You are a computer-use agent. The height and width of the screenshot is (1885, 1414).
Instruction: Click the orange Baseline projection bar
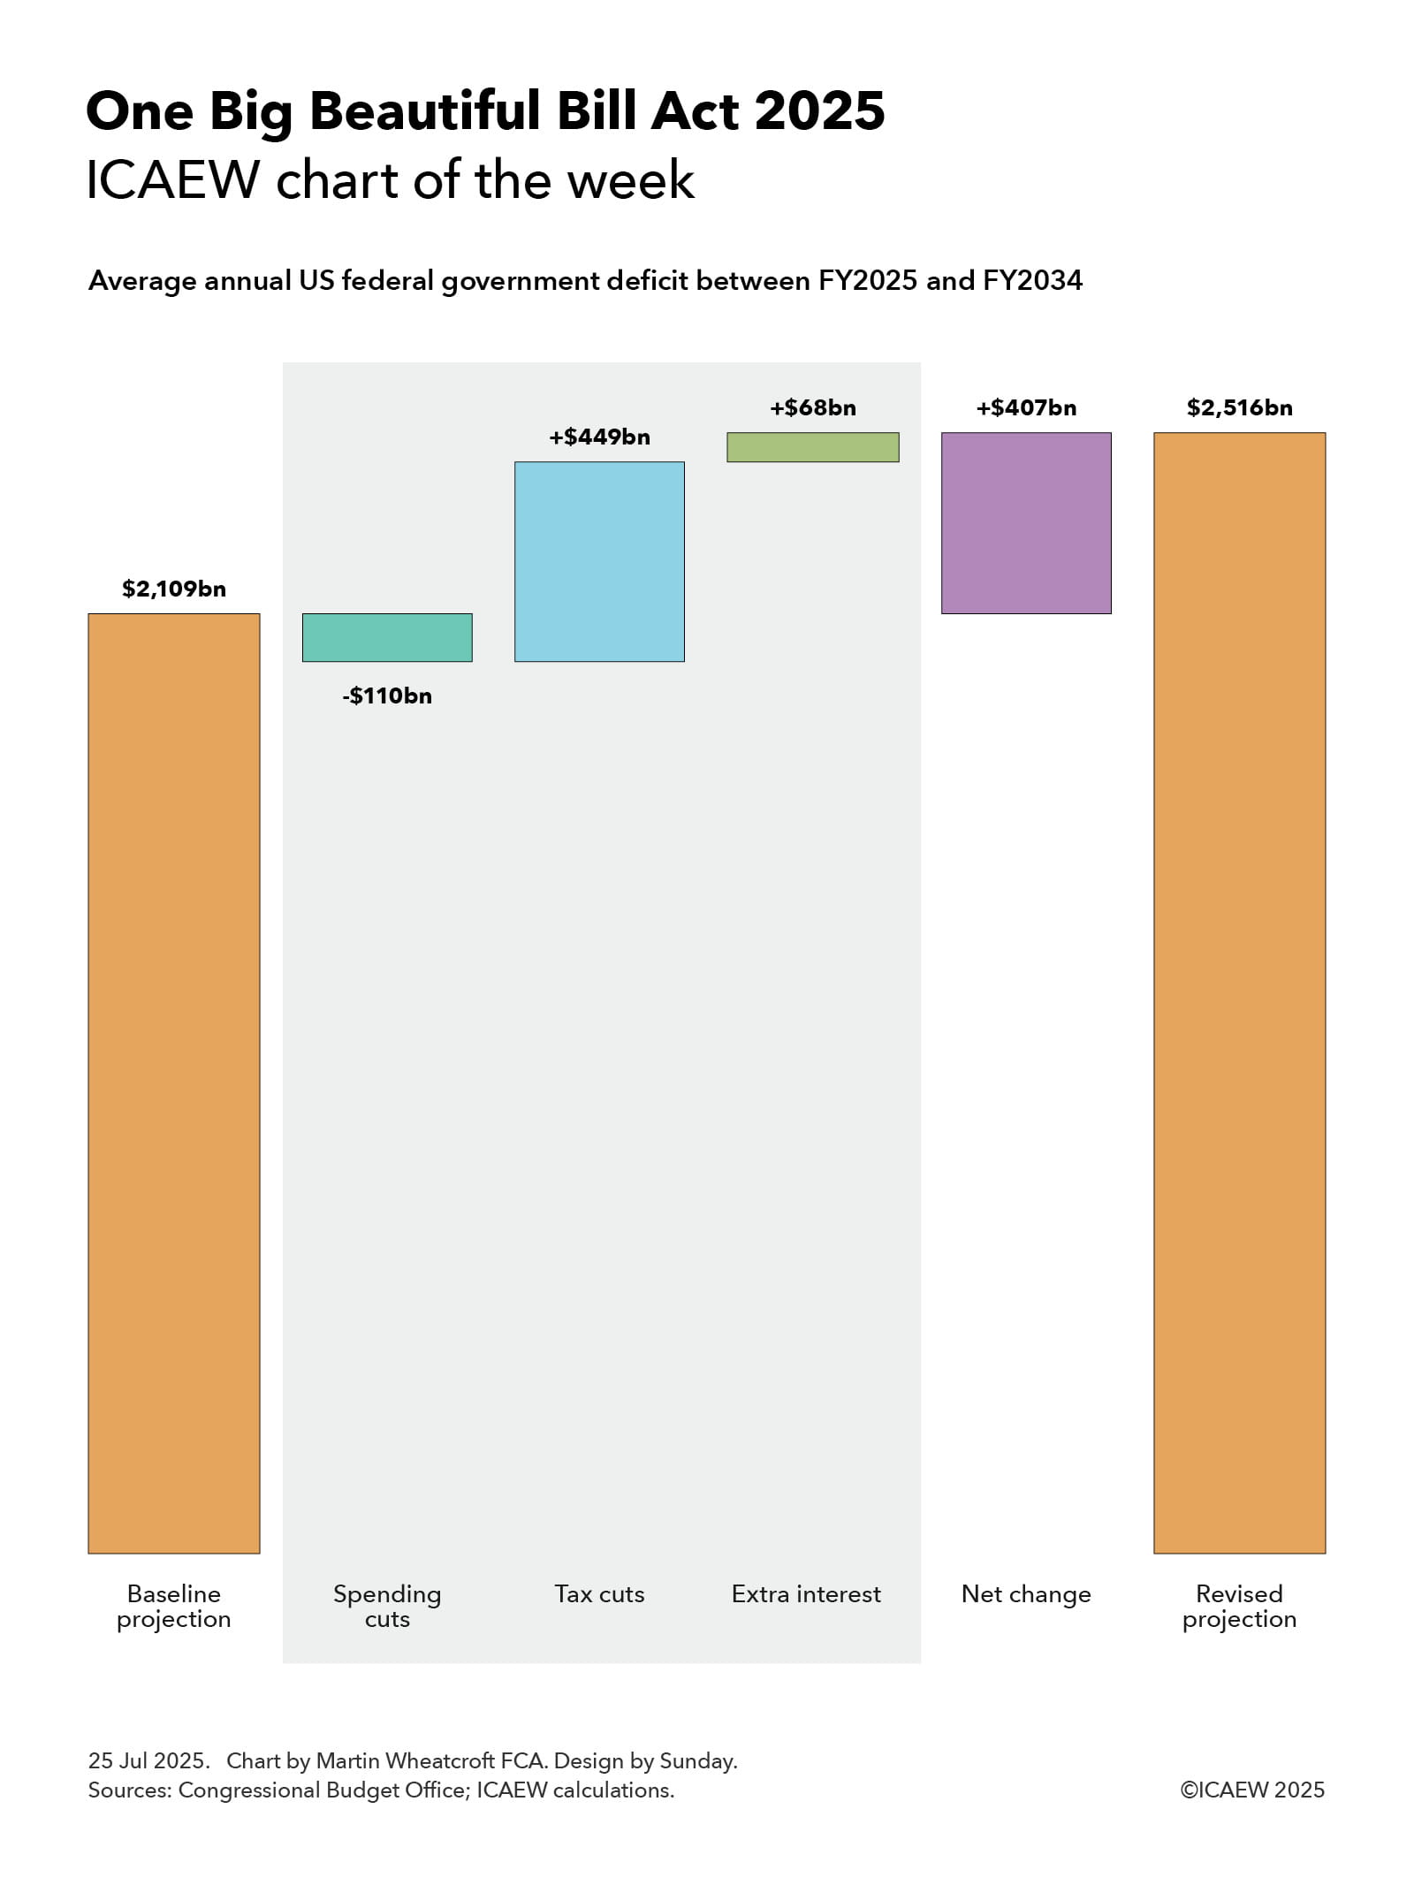tap(173, 1083)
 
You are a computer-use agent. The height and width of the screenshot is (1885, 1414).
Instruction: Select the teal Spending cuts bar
tap(387, 637)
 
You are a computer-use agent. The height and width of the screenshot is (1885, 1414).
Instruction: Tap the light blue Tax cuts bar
tap(599, 561)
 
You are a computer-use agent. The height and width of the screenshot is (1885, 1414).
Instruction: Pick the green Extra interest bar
tap(812, 447)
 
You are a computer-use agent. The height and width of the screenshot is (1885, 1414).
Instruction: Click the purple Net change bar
tap(1025, 523)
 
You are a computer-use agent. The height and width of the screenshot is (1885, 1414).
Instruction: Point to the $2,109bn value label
tap(174, 589)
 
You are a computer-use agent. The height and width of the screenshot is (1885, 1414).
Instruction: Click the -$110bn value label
tap(387, 695)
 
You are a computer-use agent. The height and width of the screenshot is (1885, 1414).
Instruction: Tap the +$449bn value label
tap(599, 437)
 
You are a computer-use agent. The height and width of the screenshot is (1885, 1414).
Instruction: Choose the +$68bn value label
tap(812, 407)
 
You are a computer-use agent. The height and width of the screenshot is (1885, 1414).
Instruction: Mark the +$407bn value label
tap(1026, 407)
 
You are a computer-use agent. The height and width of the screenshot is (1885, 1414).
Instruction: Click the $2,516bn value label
tap(1239, 407)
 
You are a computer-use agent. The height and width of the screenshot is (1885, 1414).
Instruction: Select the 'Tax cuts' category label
tap(599, 1593)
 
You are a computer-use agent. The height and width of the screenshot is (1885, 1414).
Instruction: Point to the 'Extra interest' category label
tap(806, 1593)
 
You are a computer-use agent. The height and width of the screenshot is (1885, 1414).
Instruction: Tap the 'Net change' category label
tap(1026, 1593)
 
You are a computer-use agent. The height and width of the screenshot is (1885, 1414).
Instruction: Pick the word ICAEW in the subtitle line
tap(172, 180)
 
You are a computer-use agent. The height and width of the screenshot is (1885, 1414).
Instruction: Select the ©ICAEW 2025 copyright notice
tap(1251, 1790)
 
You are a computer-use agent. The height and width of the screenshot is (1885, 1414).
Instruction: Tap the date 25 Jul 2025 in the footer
tap(148, 1760)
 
